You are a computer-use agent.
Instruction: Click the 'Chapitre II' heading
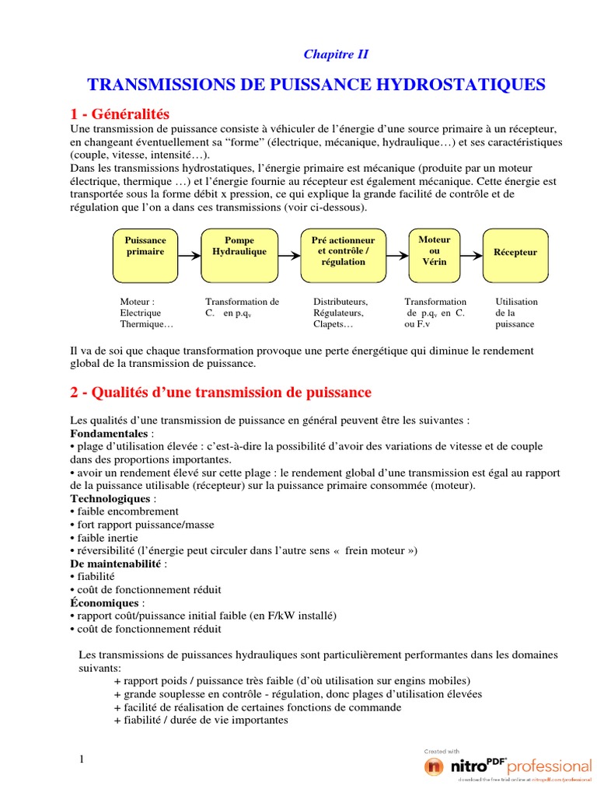(335, 54)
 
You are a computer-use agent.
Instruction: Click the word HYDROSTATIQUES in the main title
(469, 84)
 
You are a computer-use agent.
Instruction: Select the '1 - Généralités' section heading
(119, 114)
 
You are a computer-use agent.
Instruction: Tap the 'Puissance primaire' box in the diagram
(145, 246)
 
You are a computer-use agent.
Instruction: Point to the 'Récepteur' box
(515, 253)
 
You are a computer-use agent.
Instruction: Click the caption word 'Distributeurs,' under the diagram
(340, 302)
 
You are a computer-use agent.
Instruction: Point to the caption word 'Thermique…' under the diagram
(147, 325)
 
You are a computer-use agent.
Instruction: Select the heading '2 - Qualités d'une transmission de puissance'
(221, 393)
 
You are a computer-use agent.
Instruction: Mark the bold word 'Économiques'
(105, 603)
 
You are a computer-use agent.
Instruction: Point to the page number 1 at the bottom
(81, 759)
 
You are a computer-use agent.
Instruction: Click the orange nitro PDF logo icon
(434, 766)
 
